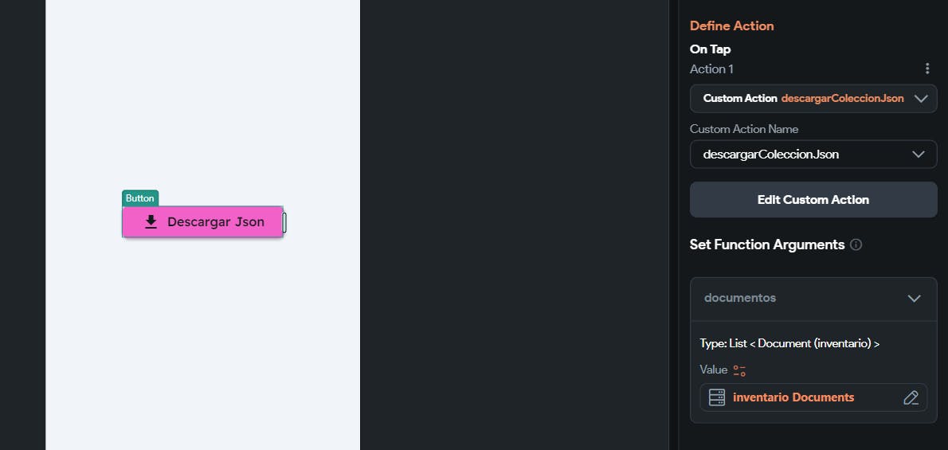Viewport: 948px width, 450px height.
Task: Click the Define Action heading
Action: pos(731,25)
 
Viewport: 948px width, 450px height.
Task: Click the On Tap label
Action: pos(710,49)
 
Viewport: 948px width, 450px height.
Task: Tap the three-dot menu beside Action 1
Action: pos(926,68)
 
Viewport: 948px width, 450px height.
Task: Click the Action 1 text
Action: pos(711,69)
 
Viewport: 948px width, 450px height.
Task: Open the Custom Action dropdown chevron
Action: pos(921,99)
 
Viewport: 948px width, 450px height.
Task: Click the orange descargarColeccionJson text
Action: pos(842,99)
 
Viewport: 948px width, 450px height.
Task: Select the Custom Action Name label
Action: pos(743,129)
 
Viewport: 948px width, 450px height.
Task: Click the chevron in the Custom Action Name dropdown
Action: pos(919,155)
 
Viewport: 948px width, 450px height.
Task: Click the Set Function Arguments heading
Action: pos(766,245)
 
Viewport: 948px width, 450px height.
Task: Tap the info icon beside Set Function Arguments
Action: pos(856,245)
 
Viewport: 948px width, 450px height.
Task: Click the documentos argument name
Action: pos(739,298)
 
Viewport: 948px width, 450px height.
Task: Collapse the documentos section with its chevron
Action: pos(914,299)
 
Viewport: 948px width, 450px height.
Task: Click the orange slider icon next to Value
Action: pos(739,370)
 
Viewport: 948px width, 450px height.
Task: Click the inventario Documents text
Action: pos(793,397)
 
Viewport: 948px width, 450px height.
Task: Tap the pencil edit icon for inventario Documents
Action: pos(911,397)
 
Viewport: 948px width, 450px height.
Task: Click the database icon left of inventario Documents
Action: pos(716,397)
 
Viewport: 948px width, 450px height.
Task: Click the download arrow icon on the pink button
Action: pos(151,222)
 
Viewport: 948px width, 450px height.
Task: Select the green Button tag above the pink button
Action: pos(140,198)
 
